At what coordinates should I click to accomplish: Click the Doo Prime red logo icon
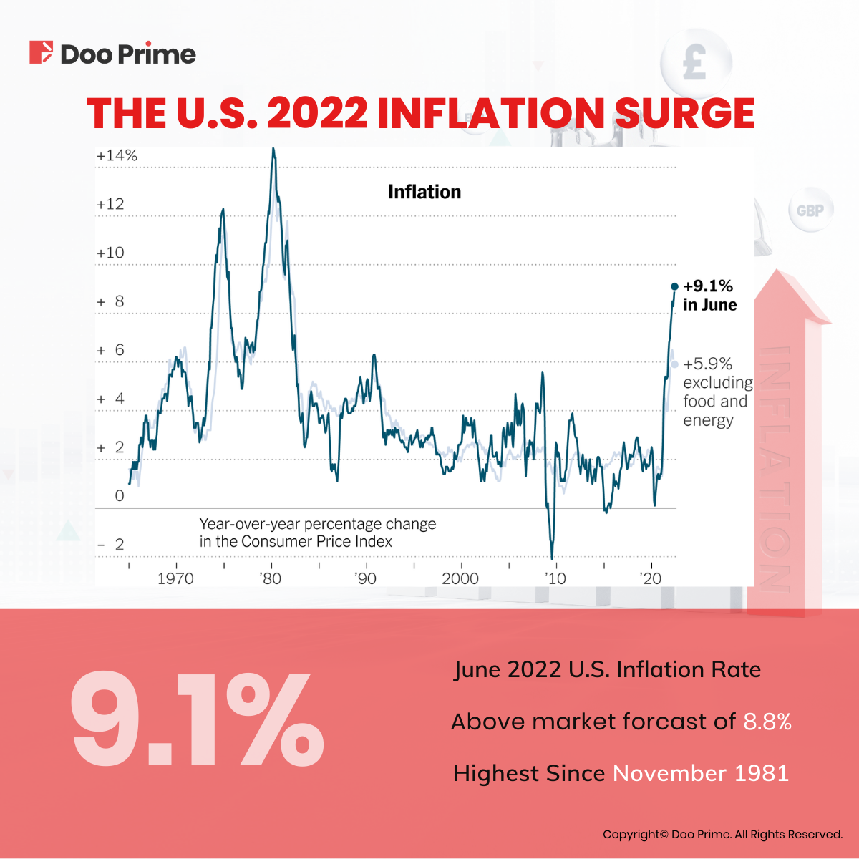click(x=41, y=53)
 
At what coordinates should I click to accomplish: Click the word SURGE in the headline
click(x=684, y=114)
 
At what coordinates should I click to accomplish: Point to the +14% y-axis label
click(x=117, y=155)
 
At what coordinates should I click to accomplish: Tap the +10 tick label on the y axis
click(x=110, y=253)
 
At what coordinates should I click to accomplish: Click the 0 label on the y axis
click(x=119, y=496)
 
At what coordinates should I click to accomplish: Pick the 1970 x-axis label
click(x=175, y=578)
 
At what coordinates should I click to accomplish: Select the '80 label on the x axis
click(x=271, y=578)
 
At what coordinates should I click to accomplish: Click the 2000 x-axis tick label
click(x=460, y=578)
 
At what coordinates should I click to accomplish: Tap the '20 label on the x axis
click(x=651, y=578)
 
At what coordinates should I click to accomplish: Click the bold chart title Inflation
click(x=424, y=192)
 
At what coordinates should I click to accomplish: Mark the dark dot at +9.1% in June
click(x=674, y=286)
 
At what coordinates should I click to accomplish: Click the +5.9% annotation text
click(x=707, y=364)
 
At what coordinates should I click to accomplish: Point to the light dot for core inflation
click(x=674, y=364)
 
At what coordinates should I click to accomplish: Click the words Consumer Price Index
click(x=316, y=542)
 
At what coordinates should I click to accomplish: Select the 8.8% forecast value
click(x=767, y=722)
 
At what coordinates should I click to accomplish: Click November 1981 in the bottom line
click(x=701, y=773)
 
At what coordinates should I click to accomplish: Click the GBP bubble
click(x=810, y=210)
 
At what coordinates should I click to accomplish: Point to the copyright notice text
click(x=722, y=834)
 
